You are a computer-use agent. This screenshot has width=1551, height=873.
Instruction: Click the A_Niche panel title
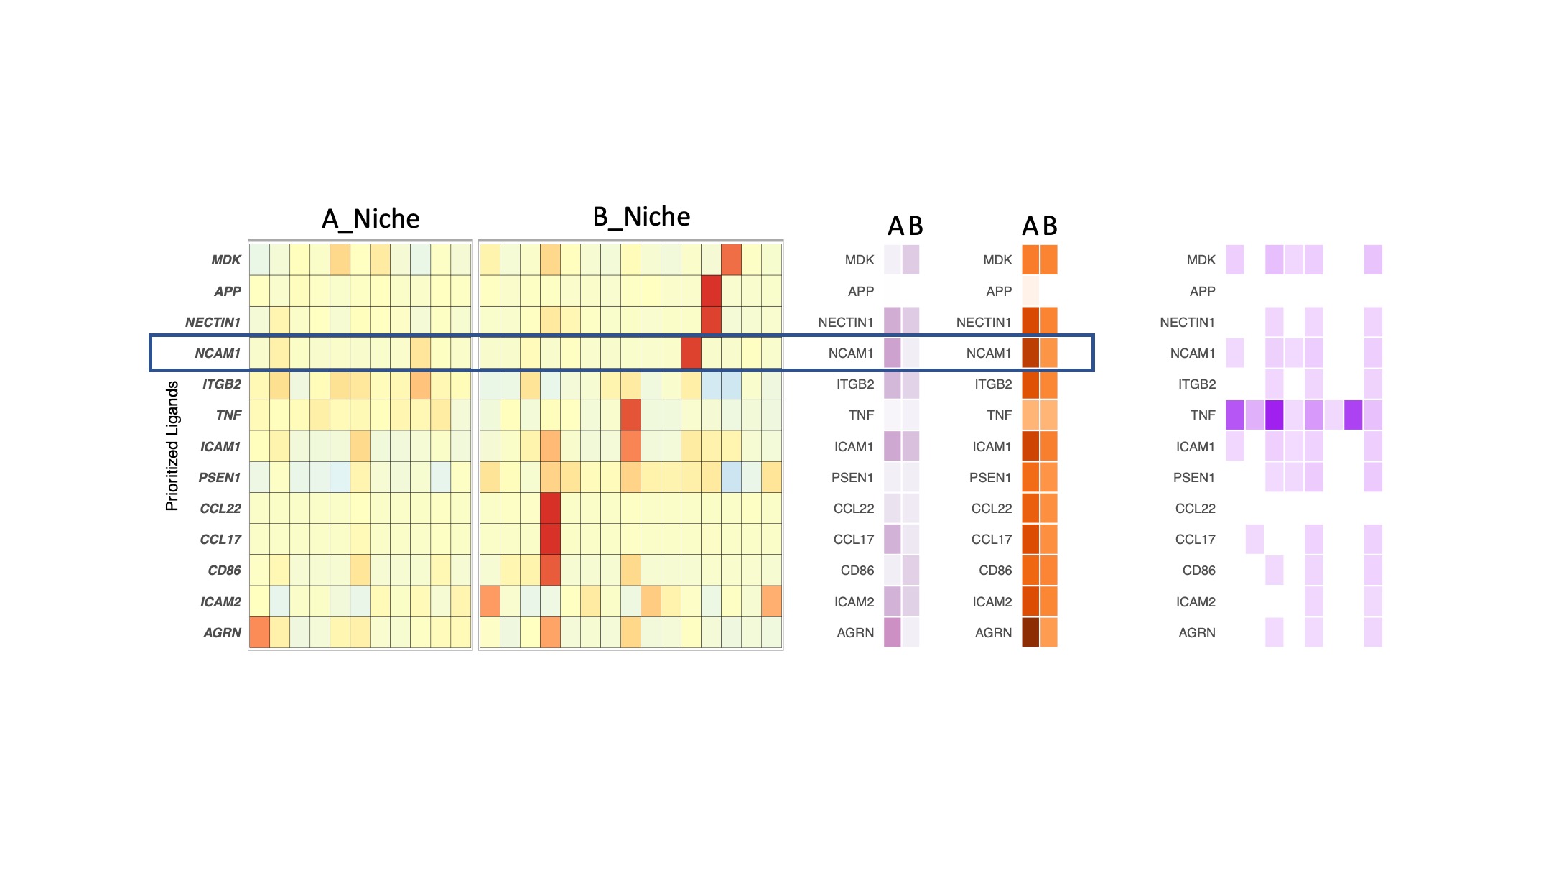(371, 218)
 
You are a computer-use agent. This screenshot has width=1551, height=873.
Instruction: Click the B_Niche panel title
(641, 216)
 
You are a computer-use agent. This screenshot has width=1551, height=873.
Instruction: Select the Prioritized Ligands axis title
(172, 445)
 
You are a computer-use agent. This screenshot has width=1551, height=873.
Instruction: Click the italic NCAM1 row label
(217, 353)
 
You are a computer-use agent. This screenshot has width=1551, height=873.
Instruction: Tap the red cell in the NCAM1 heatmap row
(691, 353)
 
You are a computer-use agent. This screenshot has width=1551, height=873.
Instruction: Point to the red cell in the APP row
(711, 291)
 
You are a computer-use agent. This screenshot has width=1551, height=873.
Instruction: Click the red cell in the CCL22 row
(550, 508)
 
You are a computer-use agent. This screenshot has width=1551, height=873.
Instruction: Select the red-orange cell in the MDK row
(731, 259)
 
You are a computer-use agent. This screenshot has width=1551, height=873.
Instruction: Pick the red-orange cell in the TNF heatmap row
(630, 415)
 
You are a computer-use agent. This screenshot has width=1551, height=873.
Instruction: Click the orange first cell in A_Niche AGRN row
(259, 632)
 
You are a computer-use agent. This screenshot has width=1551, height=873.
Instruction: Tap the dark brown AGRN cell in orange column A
(1030, 632)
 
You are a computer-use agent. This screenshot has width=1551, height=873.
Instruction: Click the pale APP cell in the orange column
(1030, 291)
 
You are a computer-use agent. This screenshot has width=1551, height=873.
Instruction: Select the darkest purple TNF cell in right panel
(1275, 415)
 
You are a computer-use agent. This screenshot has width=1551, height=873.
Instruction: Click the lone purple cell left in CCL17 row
(1254, 539)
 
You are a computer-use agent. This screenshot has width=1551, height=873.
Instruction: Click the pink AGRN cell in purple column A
(892, 632)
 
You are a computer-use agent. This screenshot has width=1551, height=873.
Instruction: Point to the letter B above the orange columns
(1050, 226)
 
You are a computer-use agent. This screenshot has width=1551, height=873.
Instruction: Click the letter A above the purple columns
(895, 226)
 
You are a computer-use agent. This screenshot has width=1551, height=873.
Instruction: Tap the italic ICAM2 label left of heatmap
(220, 601)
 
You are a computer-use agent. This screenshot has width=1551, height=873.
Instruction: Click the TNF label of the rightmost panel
(1202, 415)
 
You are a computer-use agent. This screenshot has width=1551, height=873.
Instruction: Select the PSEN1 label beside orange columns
(989, 477)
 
